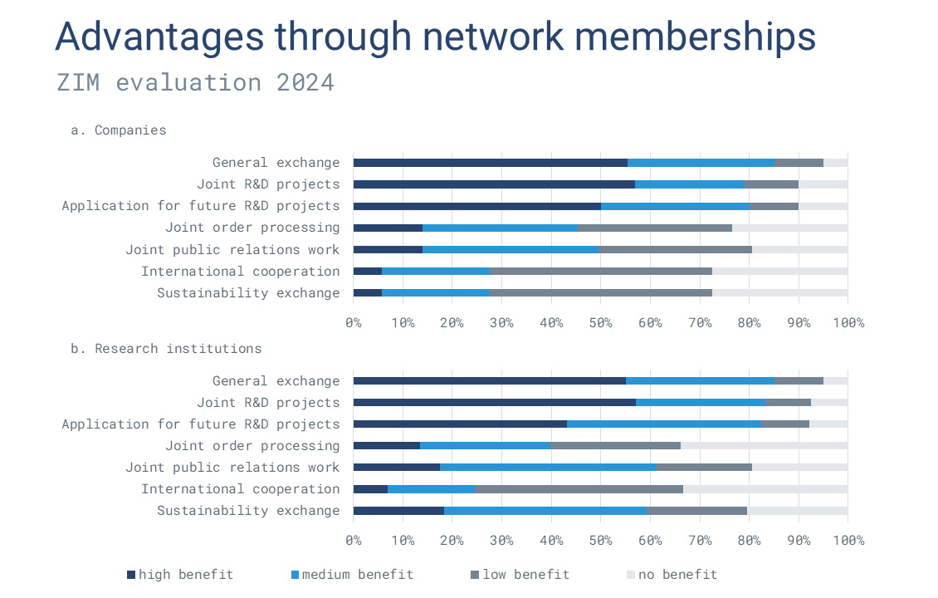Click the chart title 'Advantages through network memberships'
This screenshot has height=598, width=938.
[435, 37]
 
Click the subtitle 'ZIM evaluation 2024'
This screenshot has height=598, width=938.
[195, 83]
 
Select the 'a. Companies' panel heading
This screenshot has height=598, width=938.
[118, 130]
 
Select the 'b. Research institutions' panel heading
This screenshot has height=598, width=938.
[166, 349]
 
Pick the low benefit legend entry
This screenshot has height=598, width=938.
[521, 575]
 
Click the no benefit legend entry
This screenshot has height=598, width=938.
[672, 575]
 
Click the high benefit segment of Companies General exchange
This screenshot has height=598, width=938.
[490, 163]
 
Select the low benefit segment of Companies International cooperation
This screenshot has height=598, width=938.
[600, 271]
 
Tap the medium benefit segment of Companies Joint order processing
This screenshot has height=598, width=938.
[500, 228]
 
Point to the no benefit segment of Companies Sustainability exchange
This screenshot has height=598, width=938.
[779, 292]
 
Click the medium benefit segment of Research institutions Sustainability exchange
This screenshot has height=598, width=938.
[545, 511]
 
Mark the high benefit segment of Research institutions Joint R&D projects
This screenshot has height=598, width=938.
[494, 403]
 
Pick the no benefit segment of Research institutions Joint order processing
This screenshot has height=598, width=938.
[764, 446]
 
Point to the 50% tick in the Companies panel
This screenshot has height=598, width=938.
[600, 322]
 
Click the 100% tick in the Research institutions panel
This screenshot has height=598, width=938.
[848, 541]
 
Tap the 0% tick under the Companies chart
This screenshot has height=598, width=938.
[354, 322]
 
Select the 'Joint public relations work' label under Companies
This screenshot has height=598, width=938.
[232, 249]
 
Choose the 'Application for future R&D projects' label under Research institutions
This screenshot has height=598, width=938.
[200, 424]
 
